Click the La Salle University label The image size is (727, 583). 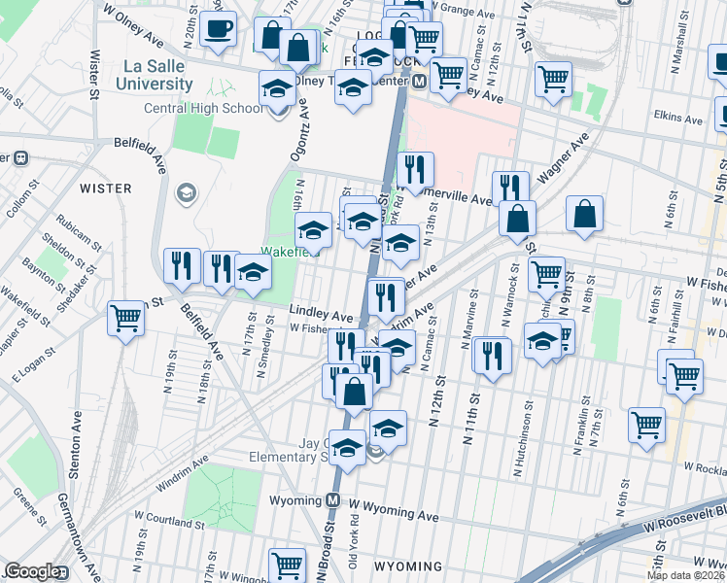[157, 75]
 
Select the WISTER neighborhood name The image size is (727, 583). [105, 187]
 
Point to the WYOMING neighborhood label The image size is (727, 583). [408, 566]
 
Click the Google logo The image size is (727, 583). [33, 572]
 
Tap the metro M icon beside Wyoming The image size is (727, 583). [333, 500]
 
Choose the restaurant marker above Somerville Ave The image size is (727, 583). [415, 169]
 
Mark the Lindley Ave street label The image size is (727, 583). [321, 316]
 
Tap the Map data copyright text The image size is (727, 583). [685, 575]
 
